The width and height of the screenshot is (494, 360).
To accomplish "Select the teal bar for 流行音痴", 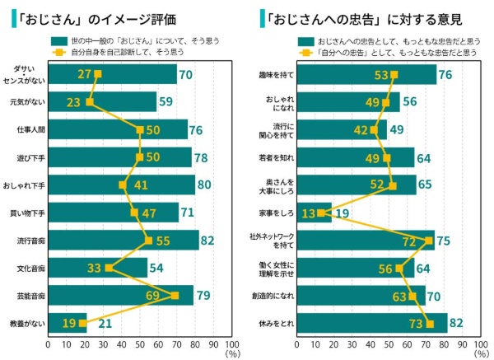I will pyautogui.click(x=123, y=241).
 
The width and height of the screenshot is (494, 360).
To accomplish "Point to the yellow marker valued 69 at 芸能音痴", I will pyautogui.click(x=174, y=295).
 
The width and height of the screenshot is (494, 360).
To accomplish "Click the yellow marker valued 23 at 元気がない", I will pyautogui.click(x=90, y=102).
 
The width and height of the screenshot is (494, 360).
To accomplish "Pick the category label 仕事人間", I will pyautogui.click(x=30, y=130).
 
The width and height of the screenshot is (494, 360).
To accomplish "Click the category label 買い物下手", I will pyautogui.click(x=30, y=213).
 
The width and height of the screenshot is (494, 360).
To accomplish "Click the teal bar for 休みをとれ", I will pyautogui.click(x=371, y=323).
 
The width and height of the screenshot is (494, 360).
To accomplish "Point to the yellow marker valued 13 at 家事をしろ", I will pyautogui.click(x=320, y=213).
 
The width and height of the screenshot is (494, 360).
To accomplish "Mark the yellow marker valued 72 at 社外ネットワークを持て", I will pyautogui.click(x=429, y=241).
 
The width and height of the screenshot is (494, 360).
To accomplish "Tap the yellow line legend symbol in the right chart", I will pyautogui.click(x=304, y=51).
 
